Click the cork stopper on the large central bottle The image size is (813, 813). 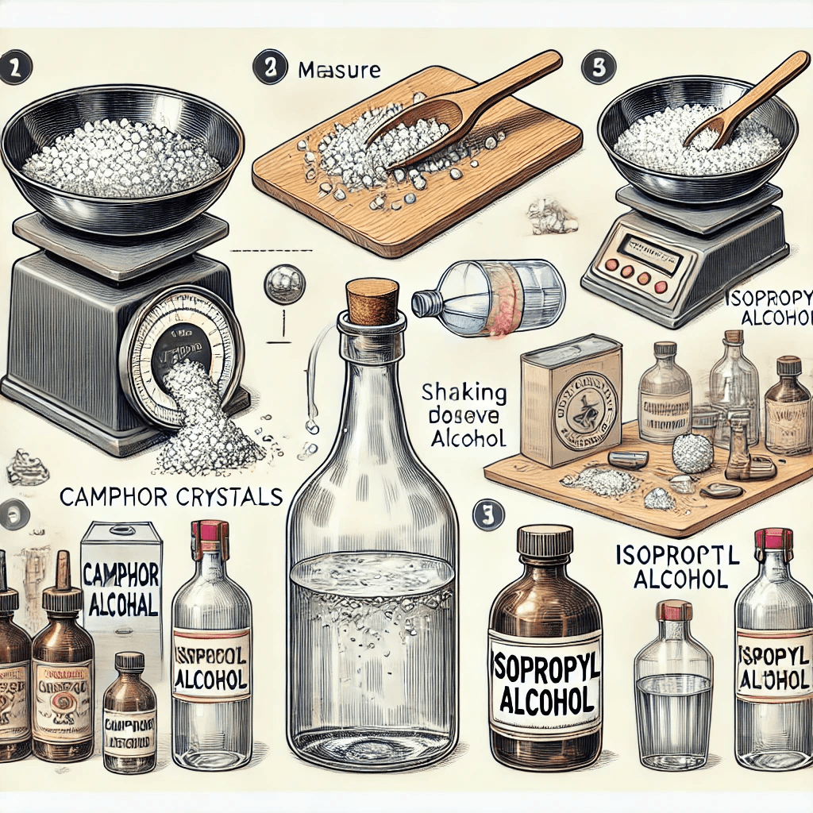[372, 302]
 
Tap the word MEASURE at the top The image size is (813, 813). [339, 70]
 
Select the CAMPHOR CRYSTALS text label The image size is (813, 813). [170, 497]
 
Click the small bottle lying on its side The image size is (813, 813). [489, 299]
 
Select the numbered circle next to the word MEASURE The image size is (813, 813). [269, 69]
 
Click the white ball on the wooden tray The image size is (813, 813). [692, 454]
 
